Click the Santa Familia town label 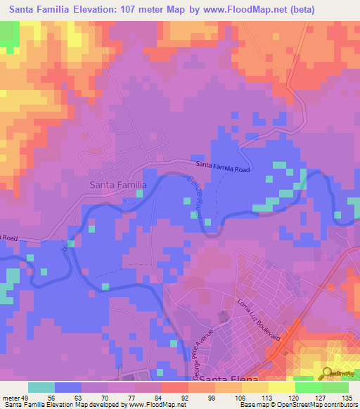(118, 185)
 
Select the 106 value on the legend (241, 397)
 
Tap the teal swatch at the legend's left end (41, 387)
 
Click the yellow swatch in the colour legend (281, 387)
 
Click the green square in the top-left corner (9, 37)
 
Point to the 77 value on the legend (135, 397)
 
